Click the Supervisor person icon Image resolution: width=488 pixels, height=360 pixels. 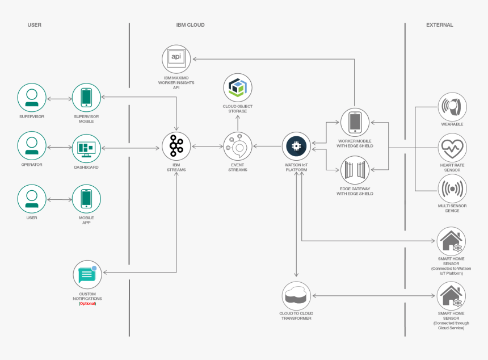[x=32, y=98]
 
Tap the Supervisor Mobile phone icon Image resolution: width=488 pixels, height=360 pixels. [x=86, y=98]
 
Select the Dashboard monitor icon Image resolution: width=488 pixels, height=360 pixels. [x=86, y=148]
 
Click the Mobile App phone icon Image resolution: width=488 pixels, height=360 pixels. [x=86, y=199]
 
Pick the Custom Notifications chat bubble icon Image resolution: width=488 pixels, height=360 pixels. [x=87, y=275]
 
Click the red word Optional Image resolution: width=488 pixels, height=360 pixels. [x=87, y=304]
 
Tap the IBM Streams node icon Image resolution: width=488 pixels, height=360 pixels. [x=176, y=146]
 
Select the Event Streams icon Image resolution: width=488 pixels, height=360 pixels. [x=237, y=146]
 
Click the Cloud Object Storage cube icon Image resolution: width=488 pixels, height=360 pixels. [x=238, y=87]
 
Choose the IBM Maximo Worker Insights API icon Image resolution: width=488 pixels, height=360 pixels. [x=176, y=58]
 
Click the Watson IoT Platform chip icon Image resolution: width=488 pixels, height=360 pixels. [x=296, y=146]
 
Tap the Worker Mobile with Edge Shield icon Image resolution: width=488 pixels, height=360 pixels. [x=355, y=122]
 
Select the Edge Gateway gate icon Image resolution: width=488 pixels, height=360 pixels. [x=355, y=170]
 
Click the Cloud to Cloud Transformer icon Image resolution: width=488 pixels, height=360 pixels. [x=296, y=296]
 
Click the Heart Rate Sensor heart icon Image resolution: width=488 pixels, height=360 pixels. [x=452, y=148]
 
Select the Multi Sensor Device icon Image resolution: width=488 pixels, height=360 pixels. [x=452, y=188]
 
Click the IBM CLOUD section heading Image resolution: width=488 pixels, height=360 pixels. [x=190, y=25]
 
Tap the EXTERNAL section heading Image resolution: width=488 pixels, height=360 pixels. [x=439, y=25]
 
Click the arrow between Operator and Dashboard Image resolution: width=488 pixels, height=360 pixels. [x=59, y=148]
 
